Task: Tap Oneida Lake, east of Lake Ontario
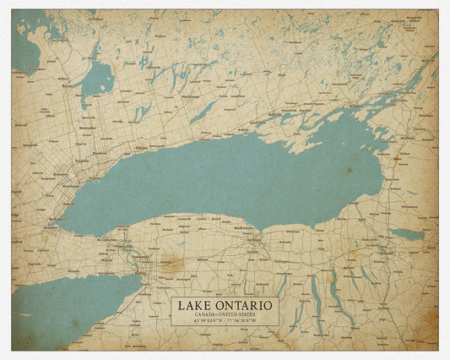(407, 233)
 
